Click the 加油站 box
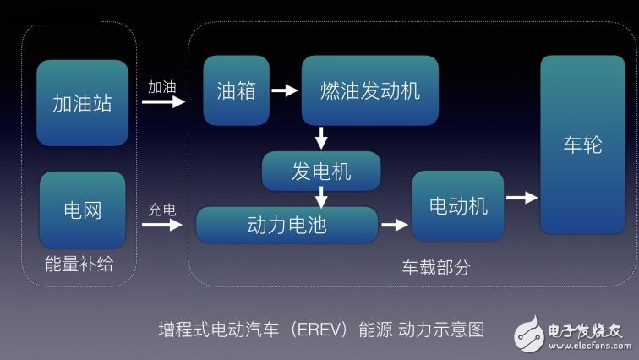[x=82, y=103]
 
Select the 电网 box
[x=82, y=210]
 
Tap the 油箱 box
[x=236, y=90]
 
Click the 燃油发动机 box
[x=369, y=90]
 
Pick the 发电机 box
[x=321, y=172]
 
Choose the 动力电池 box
[x=287, y=225]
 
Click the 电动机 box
[x=458, y=205]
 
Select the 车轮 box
[x=582, y=145]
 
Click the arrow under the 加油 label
[x=163, y=102]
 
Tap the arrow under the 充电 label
[x=163, y=226]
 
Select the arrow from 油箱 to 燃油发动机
[x=285, y=90]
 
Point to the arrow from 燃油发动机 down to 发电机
[x=321, y=138]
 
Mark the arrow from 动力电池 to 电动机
[x=394, y=225]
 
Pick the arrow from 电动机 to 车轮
[x=522, y=198]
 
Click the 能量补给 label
[x=79, y=265]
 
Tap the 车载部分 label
[x=435, y=267]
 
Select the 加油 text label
[x=162, y=87]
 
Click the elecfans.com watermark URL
[x=588, y=345]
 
